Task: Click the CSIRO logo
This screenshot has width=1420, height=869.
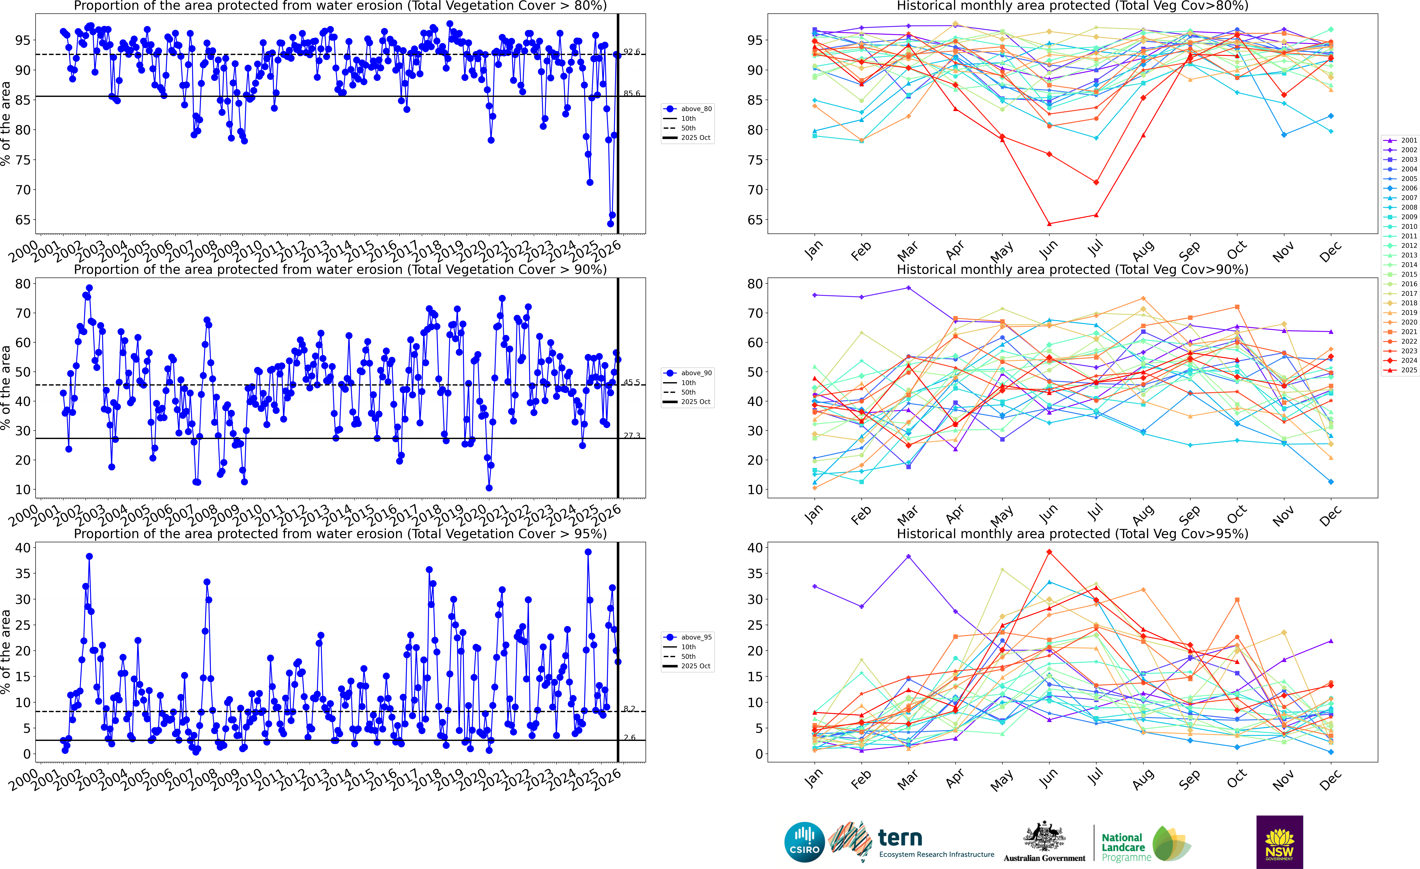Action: pos(804,842)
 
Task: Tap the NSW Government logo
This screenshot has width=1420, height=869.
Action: pos(1279,842)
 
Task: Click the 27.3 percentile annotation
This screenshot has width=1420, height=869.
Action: pos(632,436)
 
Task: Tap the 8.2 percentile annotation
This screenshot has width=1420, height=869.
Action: pos(629,709)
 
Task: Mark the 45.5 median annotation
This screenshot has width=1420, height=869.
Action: pos(632,382)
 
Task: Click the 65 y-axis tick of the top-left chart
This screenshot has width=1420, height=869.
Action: pos(23,219)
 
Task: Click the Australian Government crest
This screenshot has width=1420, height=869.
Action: pos(1044,837)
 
